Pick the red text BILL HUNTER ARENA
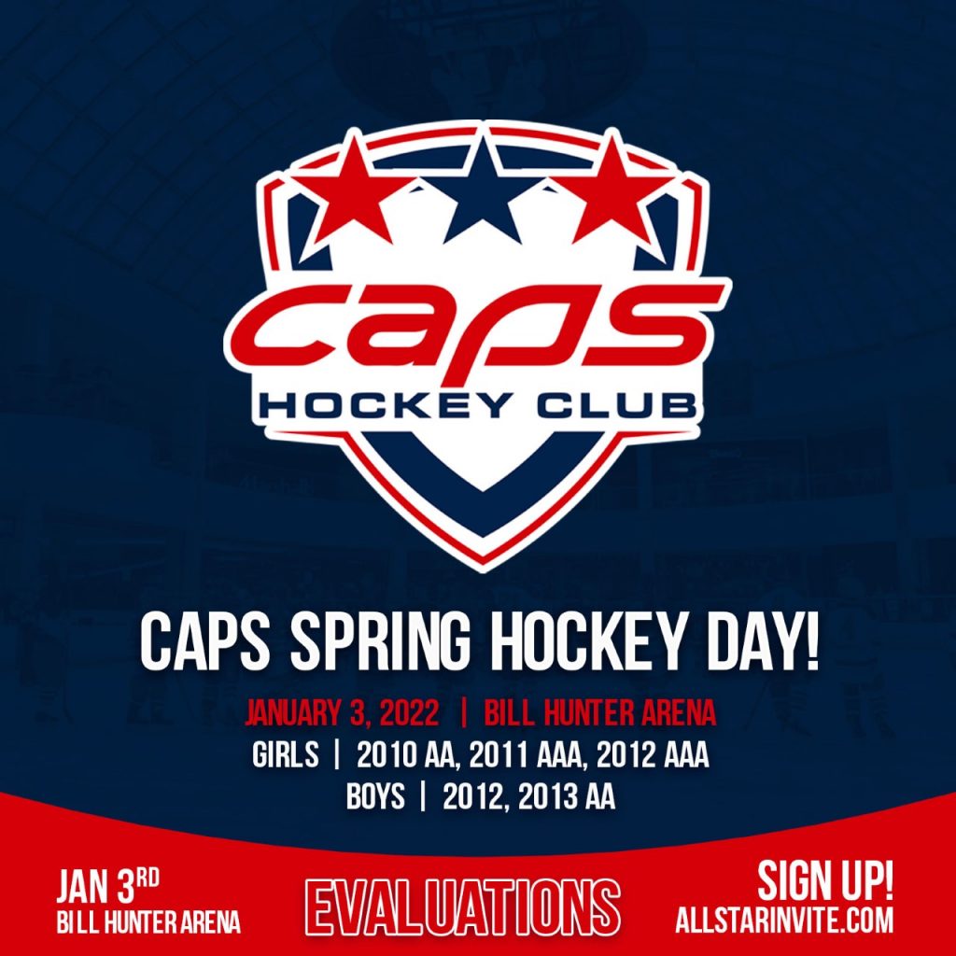click(x=599, y=714)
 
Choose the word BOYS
click(x=375, y=798)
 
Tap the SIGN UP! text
click(x=825, y=880)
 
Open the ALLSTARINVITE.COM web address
click(x=785, y=920)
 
